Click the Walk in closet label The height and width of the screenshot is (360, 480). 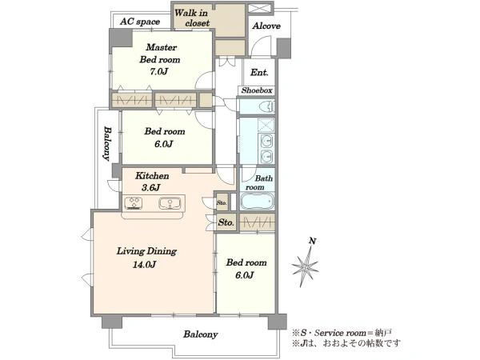(192, 18)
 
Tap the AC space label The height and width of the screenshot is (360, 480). (140, 22)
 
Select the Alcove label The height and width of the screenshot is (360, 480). (266, 26)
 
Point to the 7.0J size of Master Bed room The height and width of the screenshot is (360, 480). (159, 72)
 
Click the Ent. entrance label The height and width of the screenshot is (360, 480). (259, 72)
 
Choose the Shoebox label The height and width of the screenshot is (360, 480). (257, 90)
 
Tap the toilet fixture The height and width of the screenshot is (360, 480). (267, 106)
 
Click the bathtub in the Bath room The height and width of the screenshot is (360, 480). (257, 201)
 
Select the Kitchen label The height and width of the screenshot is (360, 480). (152, 176)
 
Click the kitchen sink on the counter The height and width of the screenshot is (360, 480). (170, 203)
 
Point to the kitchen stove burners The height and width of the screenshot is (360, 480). (134, 203)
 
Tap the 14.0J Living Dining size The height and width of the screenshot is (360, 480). (145, 264)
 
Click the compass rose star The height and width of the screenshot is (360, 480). (306, 266)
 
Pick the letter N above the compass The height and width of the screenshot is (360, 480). (312, 242)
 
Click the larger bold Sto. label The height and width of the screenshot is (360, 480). (226, 222)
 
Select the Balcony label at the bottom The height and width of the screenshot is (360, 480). (201, 334)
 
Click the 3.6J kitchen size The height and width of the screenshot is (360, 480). (150, 188)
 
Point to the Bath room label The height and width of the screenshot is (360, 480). (259, 182)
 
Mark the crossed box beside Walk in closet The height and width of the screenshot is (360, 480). (258, 8)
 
